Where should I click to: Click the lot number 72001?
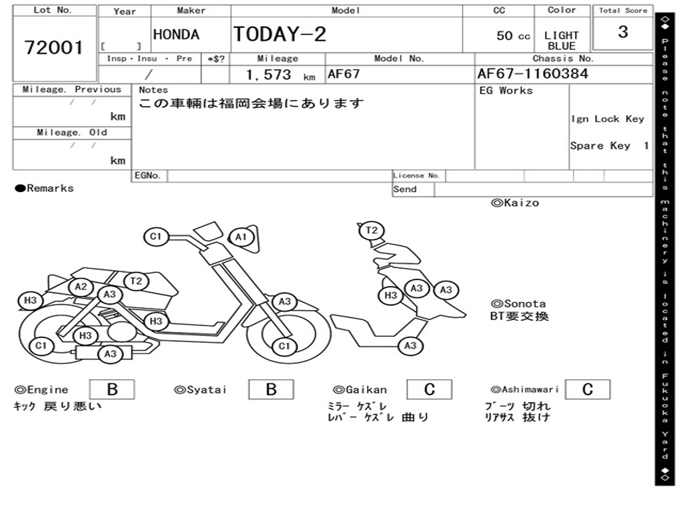click(x=54, y=47)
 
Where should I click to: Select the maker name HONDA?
click(x=176, y=35)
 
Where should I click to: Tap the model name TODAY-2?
click(x=279, y=34)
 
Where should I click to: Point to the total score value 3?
click(x=622, y=32)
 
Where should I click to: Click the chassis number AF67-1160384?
click(x=532, y=73)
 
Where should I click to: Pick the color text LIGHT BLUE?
click(x=561, y=41)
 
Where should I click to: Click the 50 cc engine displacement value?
click(x=513, y=36)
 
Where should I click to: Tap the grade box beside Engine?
click(x=111, y=389)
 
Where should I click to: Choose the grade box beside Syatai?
click(x=271, y=389)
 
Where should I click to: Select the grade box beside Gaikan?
click(x=429, y=389)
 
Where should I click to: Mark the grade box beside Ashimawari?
click(x=587, y=389)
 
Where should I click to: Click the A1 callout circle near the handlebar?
click(x=241, y=237)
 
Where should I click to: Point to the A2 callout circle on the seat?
click(x=81, y=287)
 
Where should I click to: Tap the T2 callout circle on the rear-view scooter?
click(x=372, y=231)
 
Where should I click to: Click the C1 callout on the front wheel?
click(x=285, y=346)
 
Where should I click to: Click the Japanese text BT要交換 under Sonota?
click(x=520, y=317)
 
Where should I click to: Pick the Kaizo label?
click(x=515, y=203)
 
